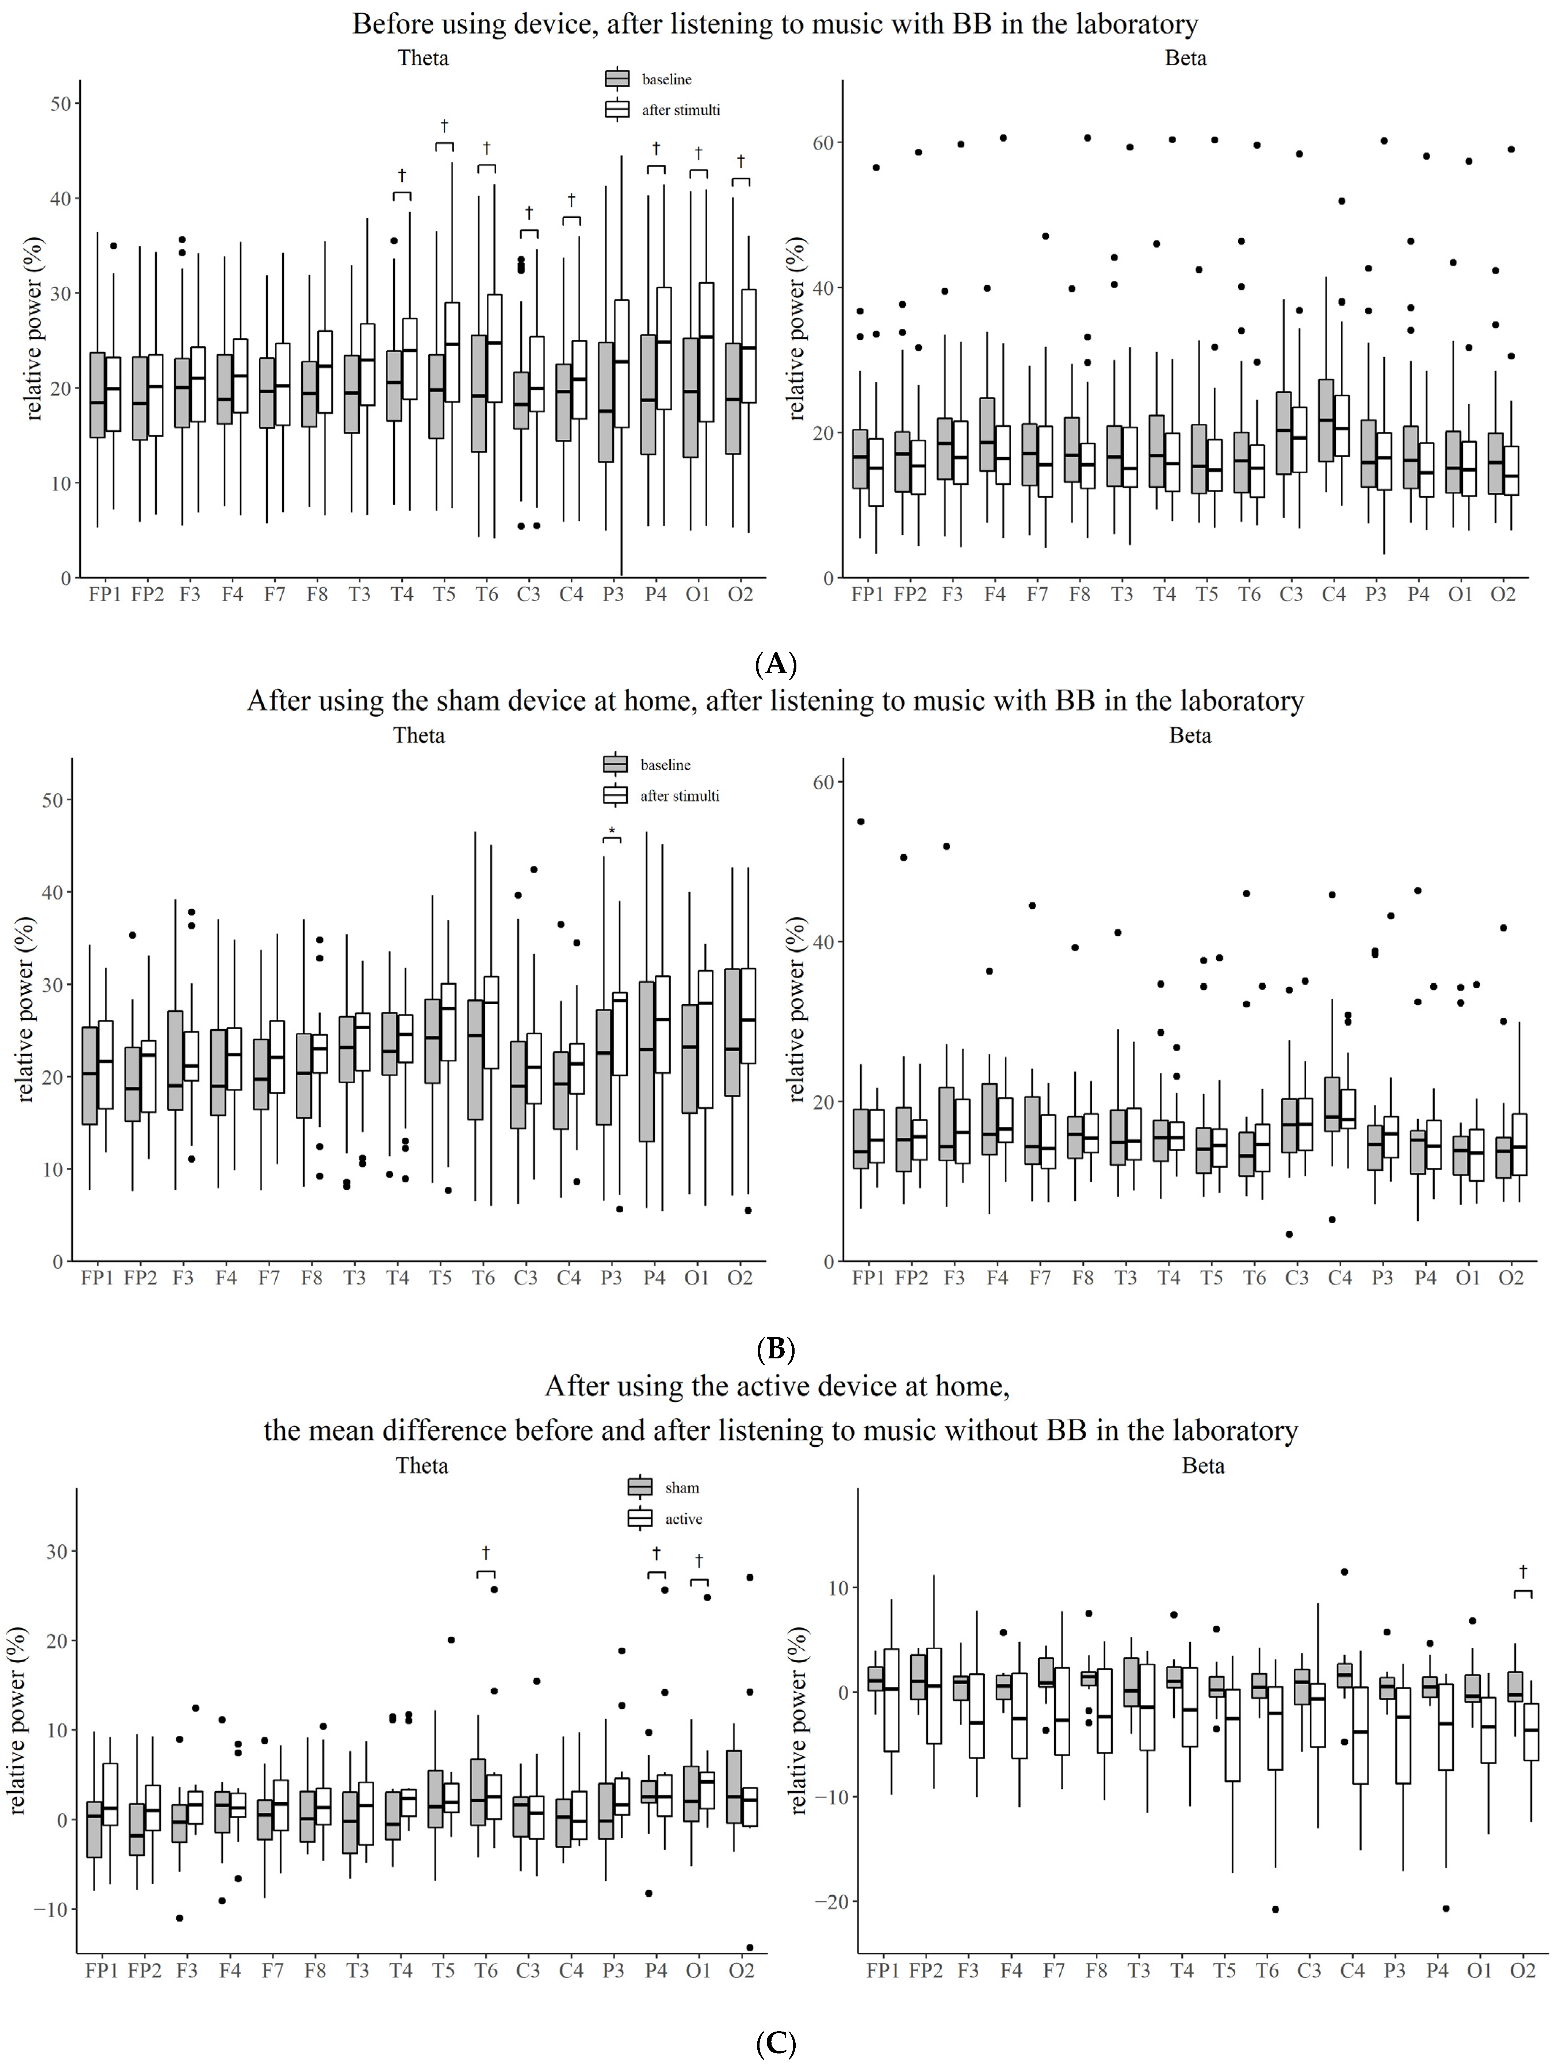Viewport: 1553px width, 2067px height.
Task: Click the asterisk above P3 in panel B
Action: tap(612, 831)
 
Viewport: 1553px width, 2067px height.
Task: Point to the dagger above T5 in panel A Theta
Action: tap(444, 125)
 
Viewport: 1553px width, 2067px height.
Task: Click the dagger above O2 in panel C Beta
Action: tap(1523, 1571)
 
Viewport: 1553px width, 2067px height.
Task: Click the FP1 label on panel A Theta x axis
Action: tap(105, 594)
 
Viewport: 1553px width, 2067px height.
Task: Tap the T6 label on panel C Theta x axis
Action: tap(486, 1971)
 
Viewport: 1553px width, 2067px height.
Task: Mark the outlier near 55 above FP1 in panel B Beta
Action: tap(861, 821)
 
